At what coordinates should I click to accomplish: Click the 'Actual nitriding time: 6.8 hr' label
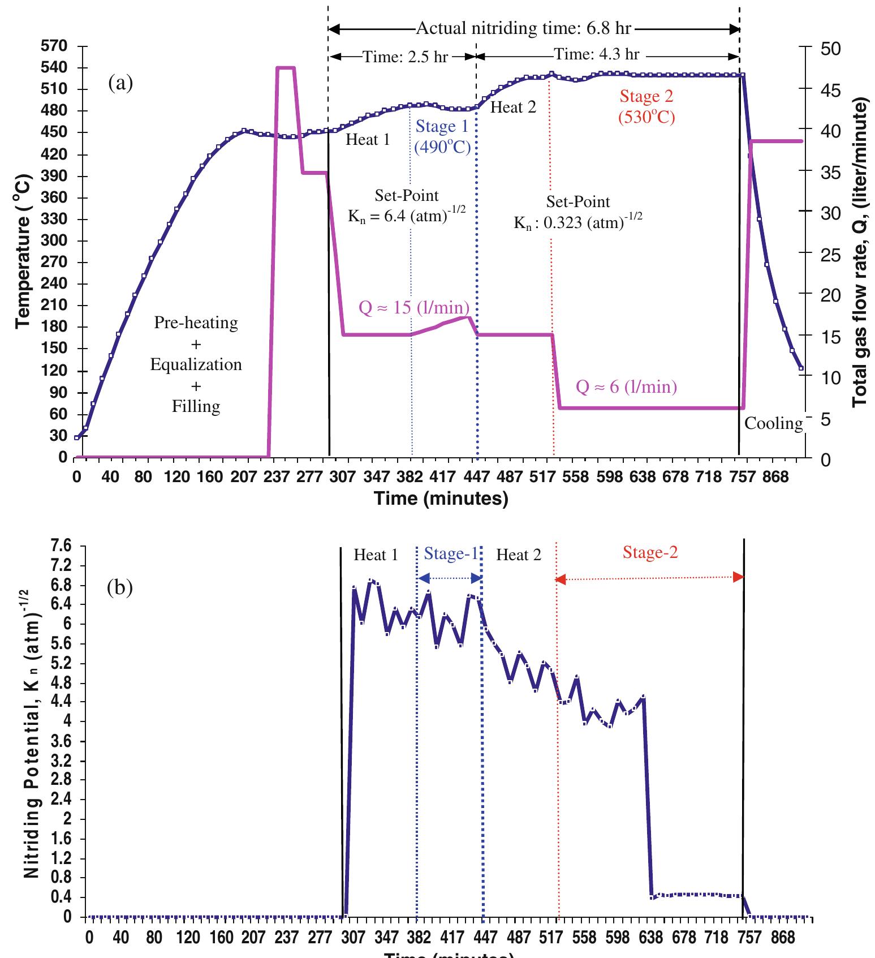click(x=524, y=28)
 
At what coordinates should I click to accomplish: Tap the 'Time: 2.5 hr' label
click(x=404, y=57)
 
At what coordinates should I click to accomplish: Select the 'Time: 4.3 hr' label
click(x=596, y=54)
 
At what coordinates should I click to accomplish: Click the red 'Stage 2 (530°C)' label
click(x=646, y=107)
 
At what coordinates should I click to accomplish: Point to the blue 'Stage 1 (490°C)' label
click(x=442, y=137)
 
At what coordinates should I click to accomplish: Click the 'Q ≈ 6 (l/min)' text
click(x=626, y=387)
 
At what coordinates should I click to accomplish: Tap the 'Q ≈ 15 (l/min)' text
click(x=415, y=307)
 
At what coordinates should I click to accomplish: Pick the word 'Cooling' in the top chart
click(x=773, y=423)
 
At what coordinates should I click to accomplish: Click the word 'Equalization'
click(x=196, y=364)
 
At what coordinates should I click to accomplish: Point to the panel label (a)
click(x=120, y=84)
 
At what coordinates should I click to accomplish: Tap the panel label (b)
click(x=120, y=588)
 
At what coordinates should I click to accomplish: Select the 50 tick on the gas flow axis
click(x=831, y=49)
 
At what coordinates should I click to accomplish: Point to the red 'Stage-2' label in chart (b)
click(x=650, y=553)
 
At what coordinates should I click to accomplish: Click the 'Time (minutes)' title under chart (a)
click(x=441, y=499)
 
